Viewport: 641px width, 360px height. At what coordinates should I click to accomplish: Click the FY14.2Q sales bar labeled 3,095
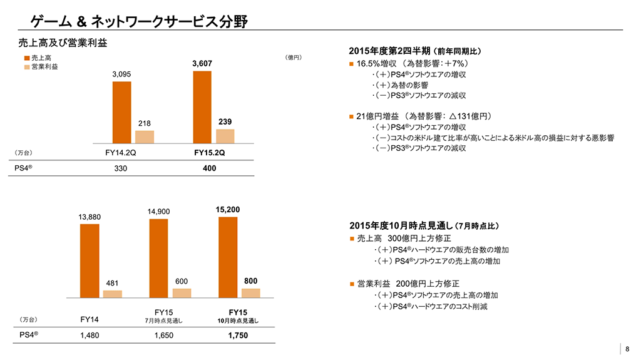coord(121,113)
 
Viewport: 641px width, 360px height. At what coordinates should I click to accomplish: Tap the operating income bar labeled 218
coord(145,137)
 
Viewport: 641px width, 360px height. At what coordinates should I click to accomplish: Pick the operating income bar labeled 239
coord(225,136)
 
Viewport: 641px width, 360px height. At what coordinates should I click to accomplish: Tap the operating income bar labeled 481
coord(112,294)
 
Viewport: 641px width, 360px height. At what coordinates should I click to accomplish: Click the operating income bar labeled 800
coord(250,292)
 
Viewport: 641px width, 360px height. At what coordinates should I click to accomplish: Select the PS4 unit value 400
coord(210,169)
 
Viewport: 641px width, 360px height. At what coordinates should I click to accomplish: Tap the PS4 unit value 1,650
coord(163,336)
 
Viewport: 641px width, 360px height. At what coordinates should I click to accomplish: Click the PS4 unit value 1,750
coord(238,336)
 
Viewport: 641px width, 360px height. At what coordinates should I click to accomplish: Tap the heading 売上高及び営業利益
coord(63,43)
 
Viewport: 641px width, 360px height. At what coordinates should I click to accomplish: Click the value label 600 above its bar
coord(182,281)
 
